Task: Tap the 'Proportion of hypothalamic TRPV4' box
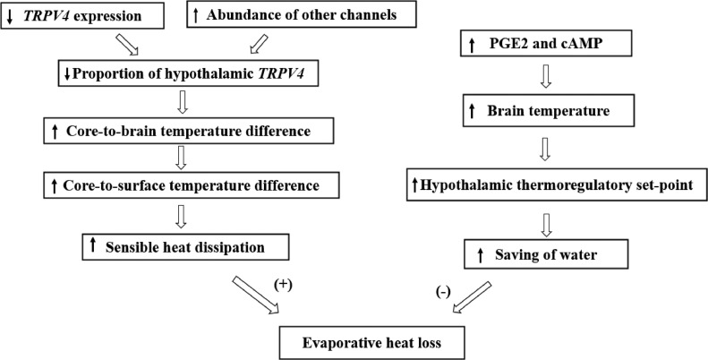[183, 73]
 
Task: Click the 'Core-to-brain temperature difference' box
[183, 132]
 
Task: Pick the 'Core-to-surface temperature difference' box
[183, 187]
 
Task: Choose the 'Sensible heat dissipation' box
[183, 244]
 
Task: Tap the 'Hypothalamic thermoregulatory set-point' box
[550, 185]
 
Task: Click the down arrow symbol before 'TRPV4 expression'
[9, 16]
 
